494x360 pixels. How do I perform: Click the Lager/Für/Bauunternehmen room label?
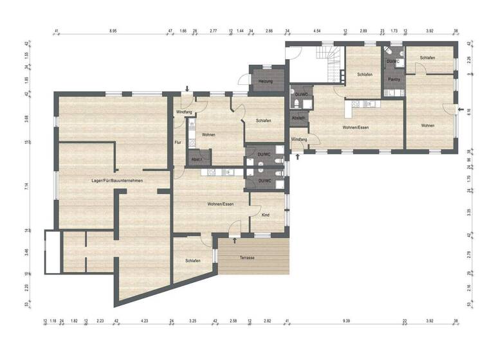[116, 181]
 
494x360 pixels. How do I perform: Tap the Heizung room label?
[266, 82]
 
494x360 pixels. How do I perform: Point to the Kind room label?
[266, 215]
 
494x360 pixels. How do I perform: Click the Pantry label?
[394, 79]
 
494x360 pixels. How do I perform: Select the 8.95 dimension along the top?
[113, 31]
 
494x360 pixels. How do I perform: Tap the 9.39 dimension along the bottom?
[346, 320]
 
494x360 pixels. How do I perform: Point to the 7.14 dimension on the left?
[28, 186]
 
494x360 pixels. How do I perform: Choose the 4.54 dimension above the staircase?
[316, 31]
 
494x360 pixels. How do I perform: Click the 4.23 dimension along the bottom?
[144, 320]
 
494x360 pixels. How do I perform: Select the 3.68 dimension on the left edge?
[28, 118]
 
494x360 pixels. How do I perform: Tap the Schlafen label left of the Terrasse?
[192, 260]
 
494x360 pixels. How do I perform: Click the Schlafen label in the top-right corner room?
[428, 58]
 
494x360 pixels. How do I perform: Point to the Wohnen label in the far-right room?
[428, 125]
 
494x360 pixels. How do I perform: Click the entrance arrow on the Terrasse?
[235, 240]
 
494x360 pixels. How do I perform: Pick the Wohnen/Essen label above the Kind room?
[220, 204]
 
